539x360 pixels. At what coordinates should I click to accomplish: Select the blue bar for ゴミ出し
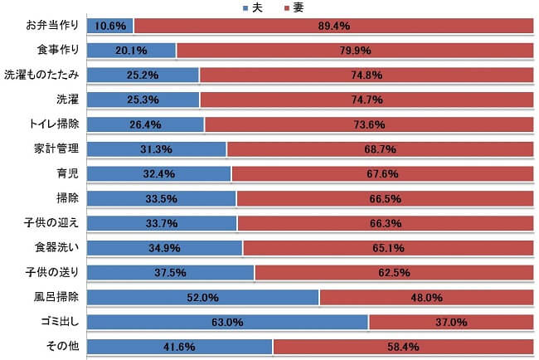(227, 322)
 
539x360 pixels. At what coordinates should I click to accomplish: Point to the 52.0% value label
(203, 297)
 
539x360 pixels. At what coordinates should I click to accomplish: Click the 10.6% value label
(110, 26)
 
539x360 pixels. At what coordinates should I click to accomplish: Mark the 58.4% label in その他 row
(403, 347)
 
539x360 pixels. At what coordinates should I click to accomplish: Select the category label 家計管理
(56, 149)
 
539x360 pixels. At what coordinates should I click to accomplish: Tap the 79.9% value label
(354, 51)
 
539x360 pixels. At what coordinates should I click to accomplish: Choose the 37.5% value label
(170, 272)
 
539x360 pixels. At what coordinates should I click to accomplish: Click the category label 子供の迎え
(51, 222)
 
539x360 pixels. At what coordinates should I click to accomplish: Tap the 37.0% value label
(451, 322)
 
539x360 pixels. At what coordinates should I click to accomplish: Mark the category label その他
(64, 347)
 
